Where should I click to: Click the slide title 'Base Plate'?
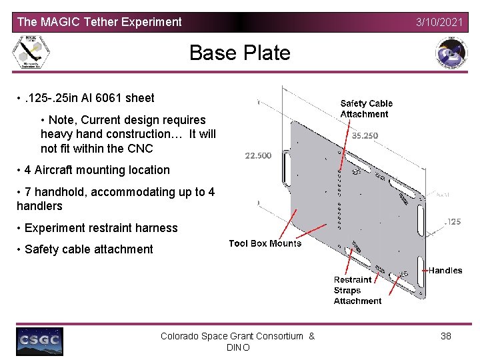pyautogui.click(x=240, y=53)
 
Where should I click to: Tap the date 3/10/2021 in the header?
pyautogui.click(x=439, y=22)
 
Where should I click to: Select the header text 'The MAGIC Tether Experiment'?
pyautogui.click(x=99, y=22)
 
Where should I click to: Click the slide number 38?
pyautogui.click(x=446, y=336)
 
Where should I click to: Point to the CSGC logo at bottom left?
pyautogui.click(x=39, y=341)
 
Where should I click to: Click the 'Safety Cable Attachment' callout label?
pyautogui.click(x=366, y=109)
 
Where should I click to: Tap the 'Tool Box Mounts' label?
pyautogui.click(x=265, y=243)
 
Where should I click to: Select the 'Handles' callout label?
pyautogui.click(x=445, y=271)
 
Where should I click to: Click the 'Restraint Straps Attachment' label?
pyautogui.click(x=357, y=291)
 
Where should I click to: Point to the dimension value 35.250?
pyautogui.click(x=365, y=135)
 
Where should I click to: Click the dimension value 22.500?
pyautogui.click(x=258, y=156)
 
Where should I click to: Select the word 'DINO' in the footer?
pyautogui.click(x=238, y=348)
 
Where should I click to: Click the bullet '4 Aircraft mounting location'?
pyautogui.click(x=97, y=170)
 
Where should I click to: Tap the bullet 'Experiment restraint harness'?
pyautogui.click(x=101, y=228)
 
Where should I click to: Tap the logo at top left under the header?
pyautogui.click(x=32, y=52)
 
